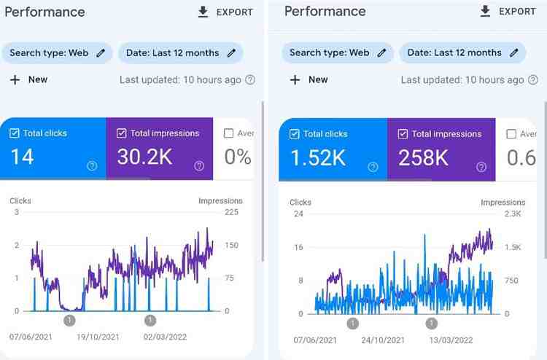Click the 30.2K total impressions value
(144, 157)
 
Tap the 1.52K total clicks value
(317, 157)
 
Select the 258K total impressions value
(422, 157)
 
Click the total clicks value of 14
(22, 157)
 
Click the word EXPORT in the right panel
(517, 12)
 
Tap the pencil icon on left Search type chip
(101, 52)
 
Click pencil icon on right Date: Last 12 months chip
(513, 52)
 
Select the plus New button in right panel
(309, 79)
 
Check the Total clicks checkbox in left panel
(15, 133)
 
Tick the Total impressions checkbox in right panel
(403, 134)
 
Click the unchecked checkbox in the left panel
(228, 133)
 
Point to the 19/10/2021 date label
(98, 337)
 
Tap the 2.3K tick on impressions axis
(513, 214)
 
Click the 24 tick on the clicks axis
(298, 214)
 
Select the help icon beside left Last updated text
(250, 79)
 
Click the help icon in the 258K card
(481, 167)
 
